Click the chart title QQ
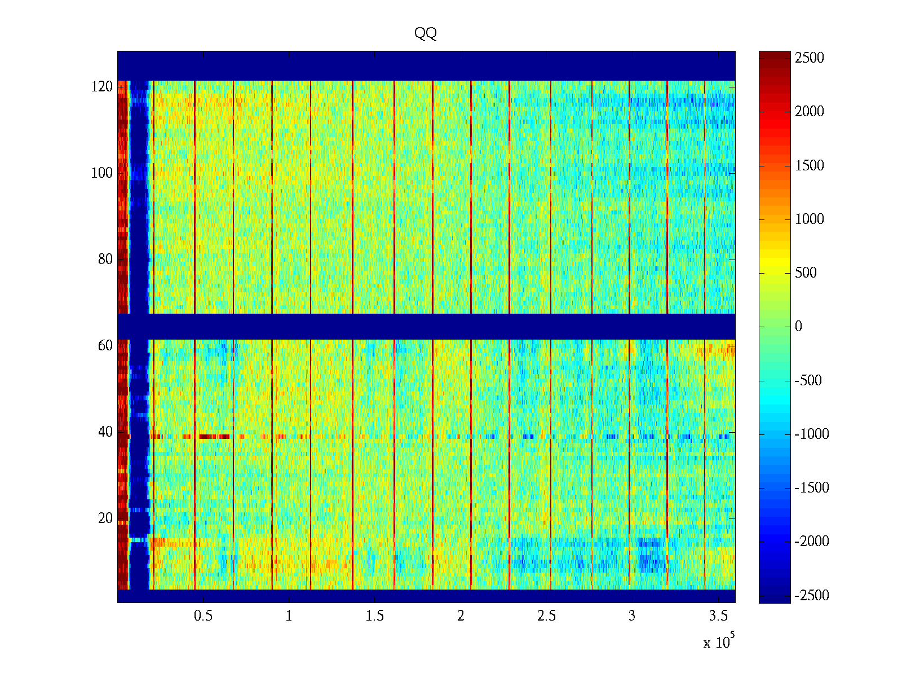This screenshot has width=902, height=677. (x=426, y=33)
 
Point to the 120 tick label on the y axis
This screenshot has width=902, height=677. (x=102, y=87)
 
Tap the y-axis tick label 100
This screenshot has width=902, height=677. (x=102, y=173)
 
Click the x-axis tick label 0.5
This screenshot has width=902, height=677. (x=203, y=616)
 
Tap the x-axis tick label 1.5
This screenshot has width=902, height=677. (x=374, y=616)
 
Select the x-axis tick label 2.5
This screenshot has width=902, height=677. (x=546, y=616)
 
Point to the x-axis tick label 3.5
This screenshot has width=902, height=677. (x=718, y=616)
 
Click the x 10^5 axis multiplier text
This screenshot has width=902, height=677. (x=718, y=641)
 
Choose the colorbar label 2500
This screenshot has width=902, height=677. (x=810, y=58)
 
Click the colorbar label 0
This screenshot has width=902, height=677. (x=798, y=327)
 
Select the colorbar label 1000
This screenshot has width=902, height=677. (x=810, y=219)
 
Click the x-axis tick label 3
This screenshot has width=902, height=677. (x=632, y=616)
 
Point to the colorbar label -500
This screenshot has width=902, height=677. (x=808, y=381)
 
